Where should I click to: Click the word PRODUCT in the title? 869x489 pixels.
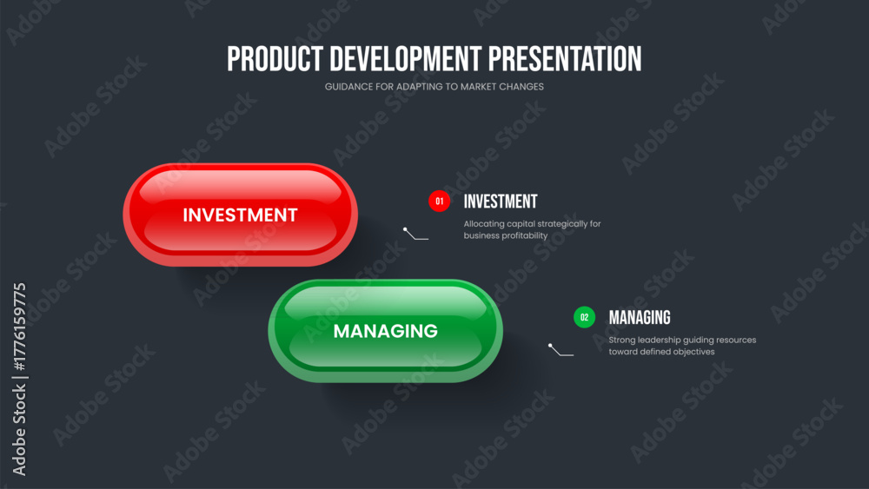[275, 59]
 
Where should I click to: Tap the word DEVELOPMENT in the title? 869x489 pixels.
[406, 59]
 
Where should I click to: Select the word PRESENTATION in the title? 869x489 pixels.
[565, 59]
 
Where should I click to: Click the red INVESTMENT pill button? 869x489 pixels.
[240, 215]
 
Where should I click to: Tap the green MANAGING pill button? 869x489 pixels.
[385, 331]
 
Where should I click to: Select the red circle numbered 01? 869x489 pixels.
[439, 201]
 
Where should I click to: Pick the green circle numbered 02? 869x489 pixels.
[584, 317]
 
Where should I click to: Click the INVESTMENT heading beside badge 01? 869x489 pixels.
[501, 202]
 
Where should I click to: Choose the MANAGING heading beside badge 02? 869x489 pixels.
[640, 317]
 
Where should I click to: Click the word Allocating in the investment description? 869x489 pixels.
[484, 224]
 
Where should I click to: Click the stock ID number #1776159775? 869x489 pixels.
[19, 327]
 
